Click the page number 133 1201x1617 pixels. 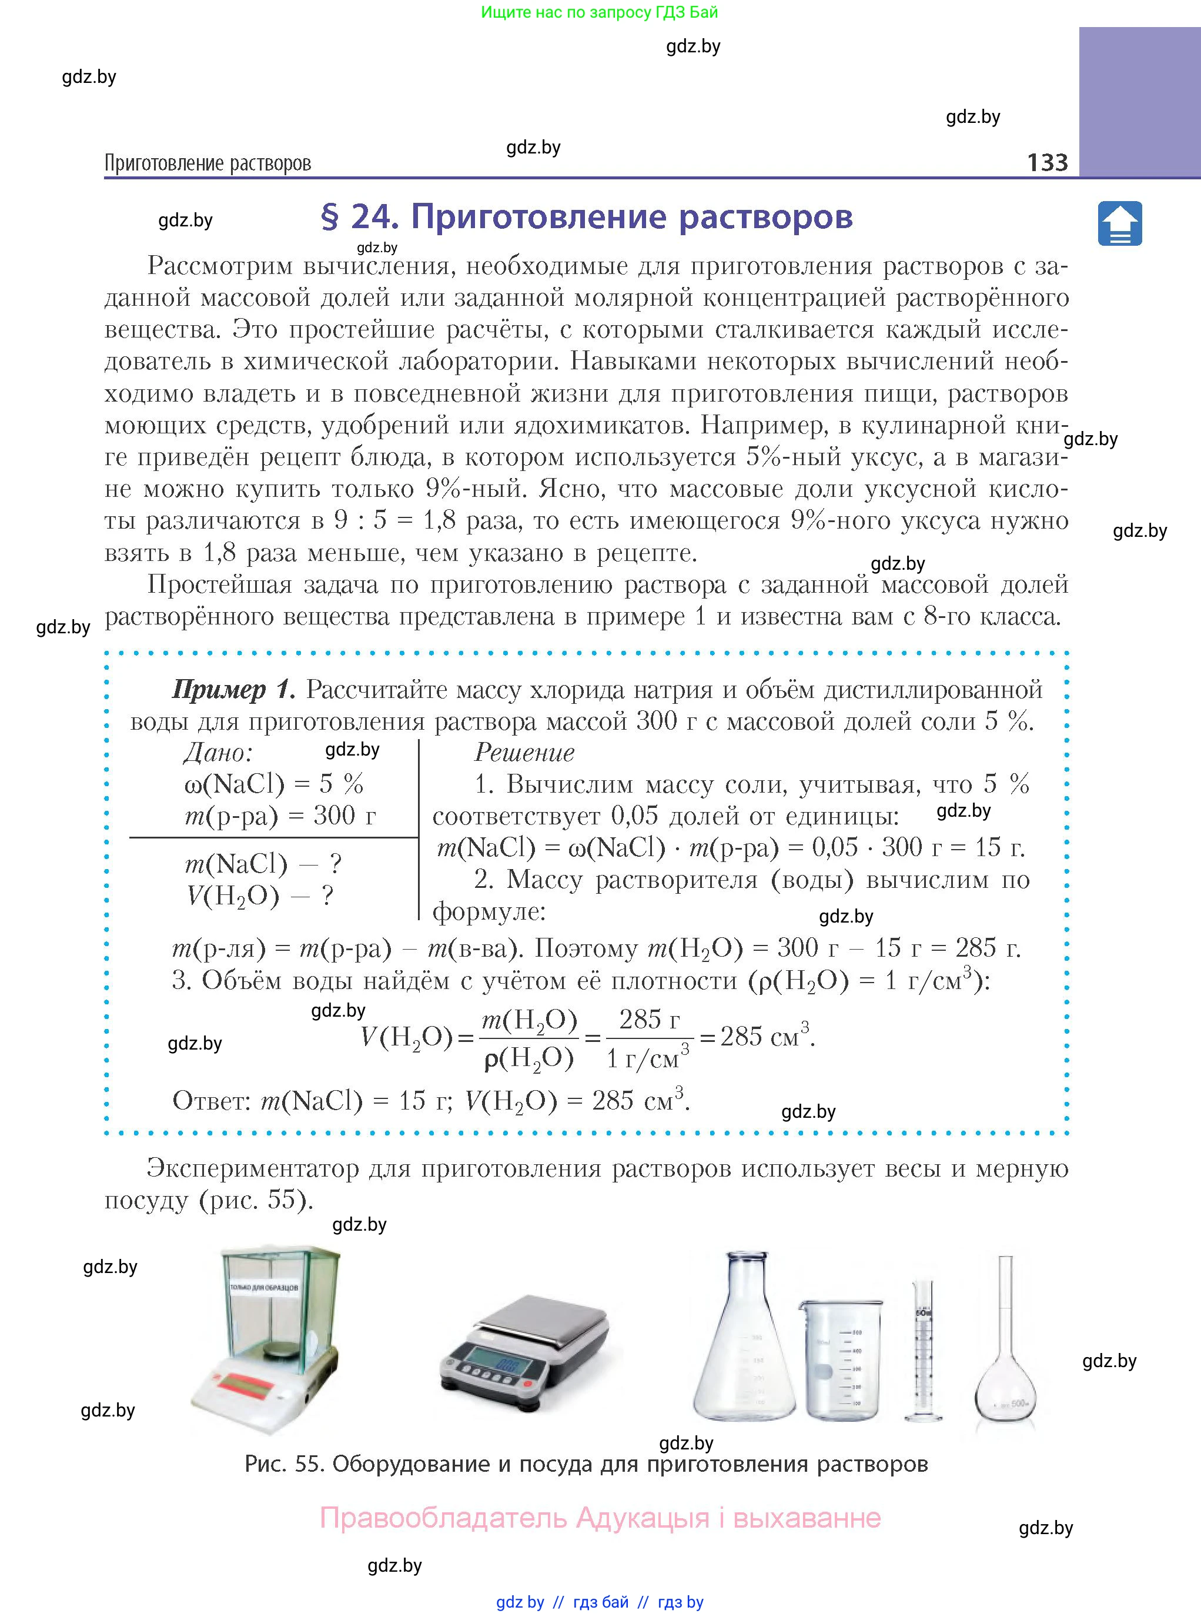click(x=1047, y=162)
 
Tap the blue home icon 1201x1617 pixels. click(x=1119, y=224)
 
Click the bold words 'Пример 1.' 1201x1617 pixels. click(x=233, y=689)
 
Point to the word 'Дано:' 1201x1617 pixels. click(x=218, y=753)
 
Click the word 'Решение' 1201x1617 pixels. click(x=524, y=753)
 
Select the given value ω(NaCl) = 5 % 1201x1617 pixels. click(x=273, y=784)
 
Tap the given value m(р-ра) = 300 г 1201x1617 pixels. click(x=280, y=816)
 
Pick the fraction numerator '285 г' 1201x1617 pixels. click(x=648, y=1020)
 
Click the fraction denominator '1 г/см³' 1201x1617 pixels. click(x=647, y=1058)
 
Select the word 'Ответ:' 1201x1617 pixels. click(x=212, y=1101)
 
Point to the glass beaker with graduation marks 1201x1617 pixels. click(x=841, y=1359)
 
